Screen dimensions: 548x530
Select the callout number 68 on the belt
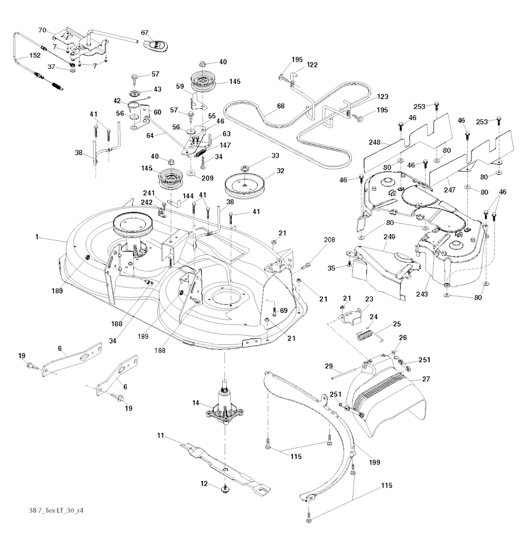tap(281, 106)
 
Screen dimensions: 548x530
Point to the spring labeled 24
tap(365, 334)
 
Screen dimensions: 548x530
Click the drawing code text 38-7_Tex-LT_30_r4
tap(57, 510)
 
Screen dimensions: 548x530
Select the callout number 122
tap(312, 65)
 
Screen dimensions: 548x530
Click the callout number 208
tap(330, 240)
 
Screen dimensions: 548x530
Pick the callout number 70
tap(43, 31)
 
